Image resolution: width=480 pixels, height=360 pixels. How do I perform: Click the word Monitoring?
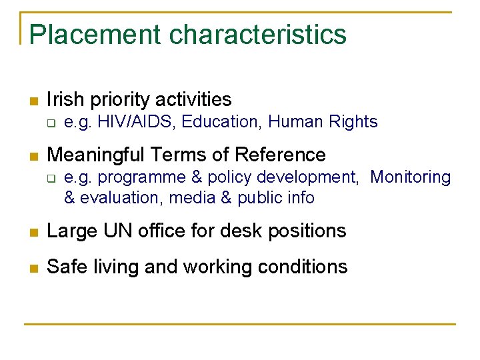pyautogui.click(x=410, y=177)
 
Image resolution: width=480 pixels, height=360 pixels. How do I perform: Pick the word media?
pyautogui.click(x=191, y=198)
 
